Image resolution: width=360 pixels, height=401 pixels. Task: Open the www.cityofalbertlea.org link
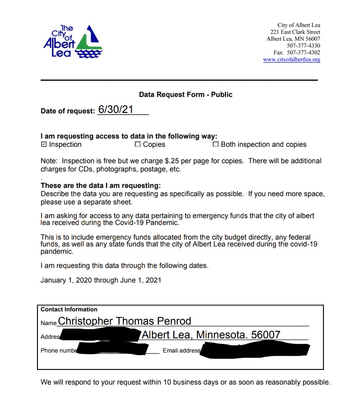(291, 60)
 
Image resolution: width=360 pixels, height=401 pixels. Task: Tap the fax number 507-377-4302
(303, 53)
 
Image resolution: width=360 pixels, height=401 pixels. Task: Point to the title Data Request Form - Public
(185, 95)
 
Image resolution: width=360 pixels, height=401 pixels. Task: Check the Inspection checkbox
(44, 144)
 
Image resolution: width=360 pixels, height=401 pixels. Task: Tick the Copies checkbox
(138, 144)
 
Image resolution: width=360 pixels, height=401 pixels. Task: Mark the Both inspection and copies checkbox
(216, 144)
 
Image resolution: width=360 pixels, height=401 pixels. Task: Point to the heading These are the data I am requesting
(101, 186)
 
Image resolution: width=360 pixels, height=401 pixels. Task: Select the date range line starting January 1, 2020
(101, 280)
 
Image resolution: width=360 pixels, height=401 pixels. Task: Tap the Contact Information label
(69, 310)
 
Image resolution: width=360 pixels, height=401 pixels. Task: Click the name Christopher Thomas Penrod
(124, 321)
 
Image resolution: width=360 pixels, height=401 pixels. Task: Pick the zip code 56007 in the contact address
(265, 335)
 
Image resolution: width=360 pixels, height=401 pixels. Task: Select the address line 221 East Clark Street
(295, 32)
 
